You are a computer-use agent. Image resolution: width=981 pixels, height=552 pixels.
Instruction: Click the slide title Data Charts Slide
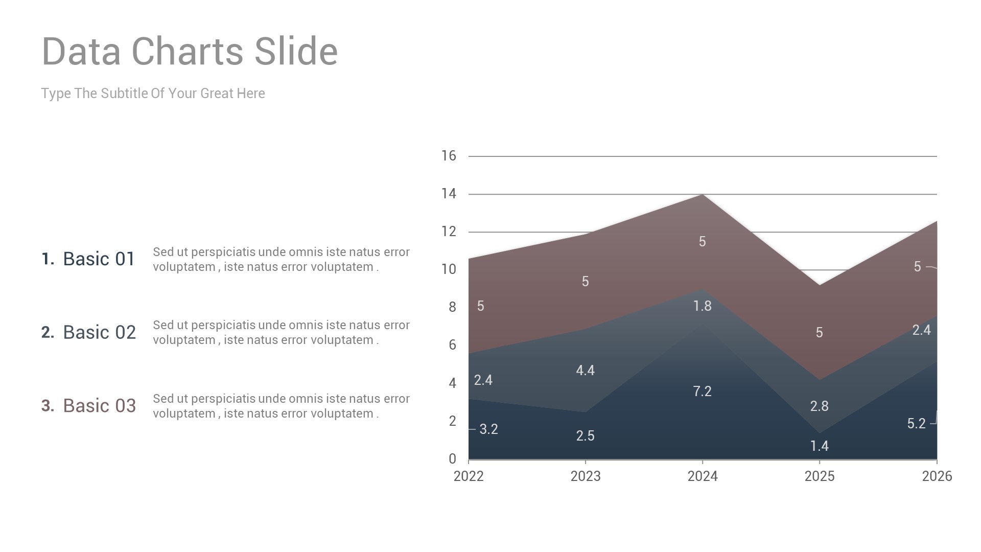tap(190, 52)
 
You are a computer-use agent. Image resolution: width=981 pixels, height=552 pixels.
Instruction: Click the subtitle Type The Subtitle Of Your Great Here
tap(153, 94)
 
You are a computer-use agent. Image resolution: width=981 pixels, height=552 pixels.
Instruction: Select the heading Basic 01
tap(99, 259)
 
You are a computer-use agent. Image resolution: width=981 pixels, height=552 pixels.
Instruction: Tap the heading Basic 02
tap(99, 333)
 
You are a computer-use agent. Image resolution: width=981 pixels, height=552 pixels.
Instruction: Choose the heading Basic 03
tap(99, 406)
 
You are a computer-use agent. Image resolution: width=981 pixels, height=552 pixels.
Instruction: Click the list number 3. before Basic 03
tap(48, 406)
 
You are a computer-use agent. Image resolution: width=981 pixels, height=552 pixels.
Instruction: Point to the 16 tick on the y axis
tap(449, 156)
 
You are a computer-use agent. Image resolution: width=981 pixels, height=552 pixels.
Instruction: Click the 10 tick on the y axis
tap(449, 269)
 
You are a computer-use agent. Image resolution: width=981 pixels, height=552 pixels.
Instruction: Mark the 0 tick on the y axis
tap(452, 459)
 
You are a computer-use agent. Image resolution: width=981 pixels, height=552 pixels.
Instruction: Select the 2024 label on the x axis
tap(703, 476)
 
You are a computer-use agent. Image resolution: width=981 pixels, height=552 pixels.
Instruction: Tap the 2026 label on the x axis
tap(937, 476)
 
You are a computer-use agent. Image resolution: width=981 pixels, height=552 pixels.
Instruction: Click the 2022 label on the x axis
tap(469, 476)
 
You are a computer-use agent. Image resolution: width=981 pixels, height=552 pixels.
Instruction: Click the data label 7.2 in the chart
tap(702, 392)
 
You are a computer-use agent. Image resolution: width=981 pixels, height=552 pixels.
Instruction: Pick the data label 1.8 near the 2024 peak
tap(702, 306)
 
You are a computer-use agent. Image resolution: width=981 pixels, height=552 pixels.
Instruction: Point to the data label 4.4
tap(585, 371)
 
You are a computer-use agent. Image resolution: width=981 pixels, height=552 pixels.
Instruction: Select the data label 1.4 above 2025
tap(819, 446)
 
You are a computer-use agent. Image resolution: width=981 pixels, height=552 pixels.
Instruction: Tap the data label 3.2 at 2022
tap(488, 429)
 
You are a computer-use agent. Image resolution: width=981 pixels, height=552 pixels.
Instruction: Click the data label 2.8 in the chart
tap(819, 406)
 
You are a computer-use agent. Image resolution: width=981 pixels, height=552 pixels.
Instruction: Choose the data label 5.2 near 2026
tap(916, 424)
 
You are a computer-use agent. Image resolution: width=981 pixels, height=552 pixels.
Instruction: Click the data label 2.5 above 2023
tap(585, 436)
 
